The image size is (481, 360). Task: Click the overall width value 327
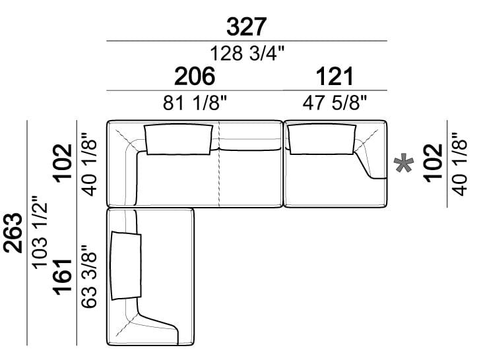click(246, 26)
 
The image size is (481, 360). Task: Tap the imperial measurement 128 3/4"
click(247, 53)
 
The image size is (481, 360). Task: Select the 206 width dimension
click(195, 76)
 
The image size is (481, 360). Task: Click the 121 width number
click(335, 76)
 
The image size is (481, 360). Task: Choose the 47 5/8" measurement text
click(335, 102)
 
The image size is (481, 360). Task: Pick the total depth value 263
click(13, 233)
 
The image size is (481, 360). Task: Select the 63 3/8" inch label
click(89, 276)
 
